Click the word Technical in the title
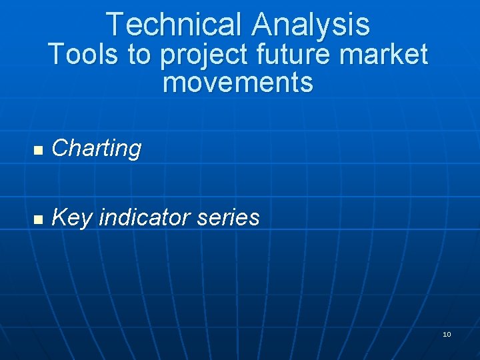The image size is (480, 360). coord(175,25)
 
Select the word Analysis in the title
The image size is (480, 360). coord(311,25)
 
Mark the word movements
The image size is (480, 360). coord(237,83)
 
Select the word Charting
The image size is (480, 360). coord(97,149)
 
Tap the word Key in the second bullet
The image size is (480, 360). coord(71,217)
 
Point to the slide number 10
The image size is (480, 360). coord(447,334)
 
